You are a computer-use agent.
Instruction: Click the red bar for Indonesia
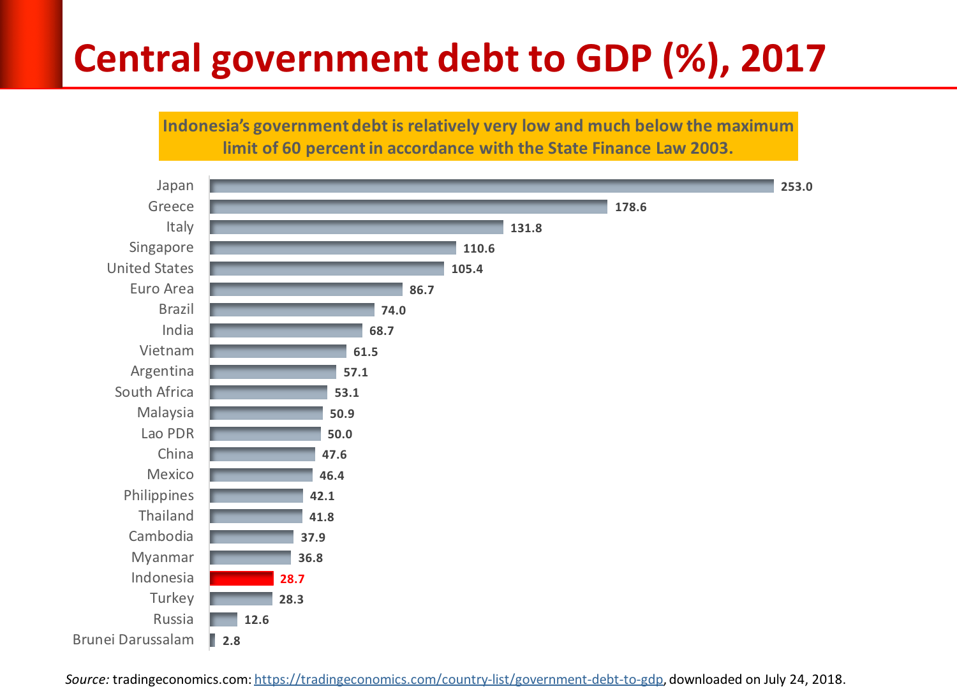pyautogui.click(x=242, y=579)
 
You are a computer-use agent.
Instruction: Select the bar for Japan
pyautogui.click(x=491, y=186)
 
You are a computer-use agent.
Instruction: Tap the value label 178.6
pyautogui.click(x=630, y=207)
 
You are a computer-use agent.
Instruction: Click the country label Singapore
pyautogui.click(x=161, y=248)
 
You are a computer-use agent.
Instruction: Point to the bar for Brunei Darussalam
pyautogui.click(x=212, y=640)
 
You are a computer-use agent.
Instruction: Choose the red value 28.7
pyautogui.click(x=292, y=579)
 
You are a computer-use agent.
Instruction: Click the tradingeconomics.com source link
pyautogui.click(x=458, y=679)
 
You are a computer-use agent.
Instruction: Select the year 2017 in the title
pyautogui.click(x=783, y=59)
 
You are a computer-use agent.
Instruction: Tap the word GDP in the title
pyautogui.click(x=613, y=59)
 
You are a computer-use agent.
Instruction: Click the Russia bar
pyautogui.click(x=223, y=619)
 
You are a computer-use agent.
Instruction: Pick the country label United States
pyautogui.click(x=150, y=269)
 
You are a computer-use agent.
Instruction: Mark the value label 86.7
pyautogui.click(x=421, y=290)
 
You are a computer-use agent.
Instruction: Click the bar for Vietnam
pyautogui.click(x=278, y=352)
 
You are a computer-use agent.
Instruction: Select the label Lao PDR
pyautogui.click(x=167, y=434)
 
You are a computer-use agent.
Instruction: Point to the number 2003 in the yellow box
pyautogui.click(x=709, y=148)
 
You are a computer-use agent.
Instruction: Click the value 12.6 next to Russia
pyautogui.click(x=256, y=619)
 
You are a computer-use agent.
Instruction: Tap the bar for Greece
pyautogui.click(x=408, y=207)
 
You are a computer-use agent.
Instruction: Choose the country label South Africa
pyautogui.click(x=154, y=392)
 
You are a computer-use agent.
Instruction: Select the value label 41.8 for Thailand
pyautogui.click(x=322, y=517)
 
